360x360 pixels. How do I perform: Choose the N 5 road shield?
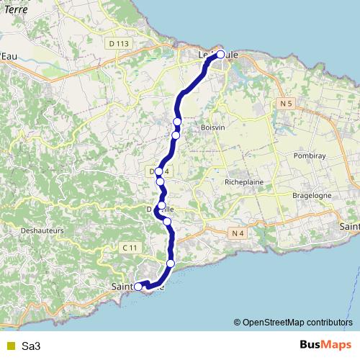pyautogui.click(x=285, y=104)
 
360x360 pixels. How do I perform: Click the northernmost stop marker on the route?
pyautogui.click(x=220, y=54)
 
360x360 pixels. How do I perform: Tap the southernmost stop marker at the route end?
pyautogui.click(x=138, y=287)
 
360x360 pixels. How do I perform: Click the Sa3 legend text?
pyautogui.click(x=31, y=346)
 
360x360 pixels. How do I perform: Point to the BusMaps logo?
pyautogui.click(x=325, y=346)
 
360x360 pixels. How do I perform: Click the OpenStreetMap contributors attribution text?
pyautogui.click(x=297, y=322)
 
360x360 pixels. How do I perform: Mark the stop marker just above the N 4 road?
pyautogui.click(x=167, y=222)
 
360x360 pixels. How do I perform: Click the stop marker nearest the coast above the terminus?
pyautogui.click(x=171, y=264)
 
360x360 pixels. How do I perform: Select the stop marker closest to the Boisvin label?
pyautogui.click(x=176, y=135)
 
